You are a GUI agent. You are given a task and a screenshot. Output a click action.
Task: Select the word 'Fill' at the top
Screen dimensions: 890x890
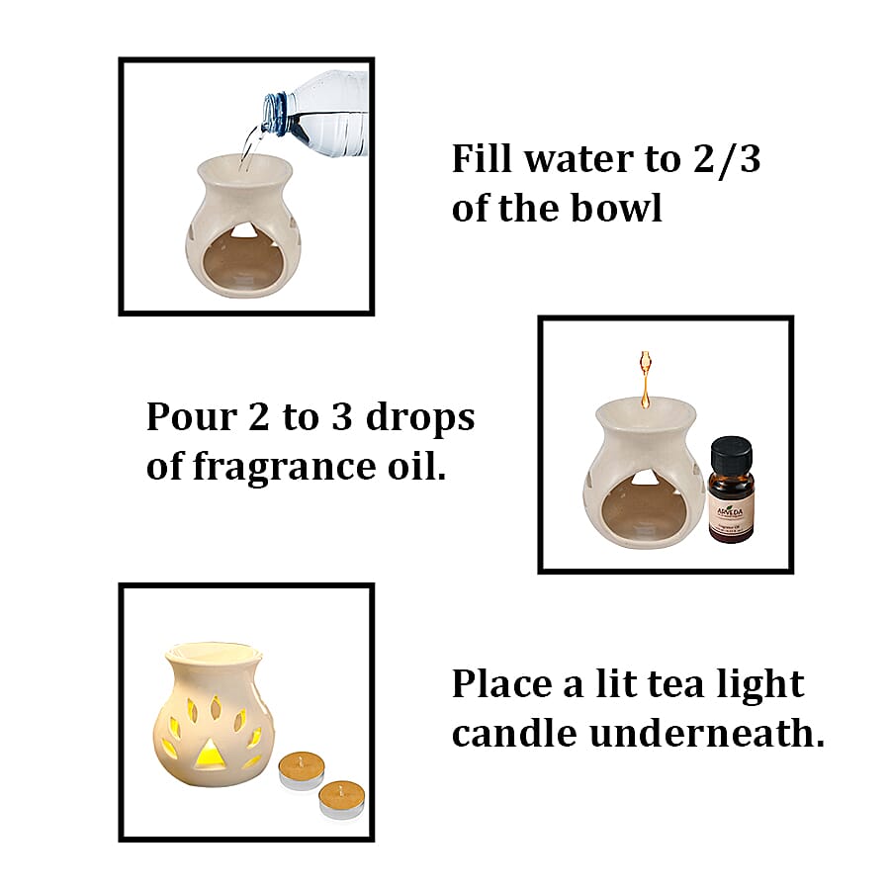coord(482,159)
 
